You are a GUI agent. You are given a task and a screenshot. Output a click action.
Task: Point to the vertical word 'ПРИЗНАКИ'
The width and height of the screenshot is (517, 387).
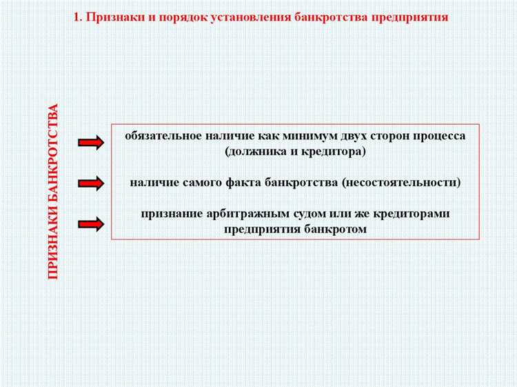54,239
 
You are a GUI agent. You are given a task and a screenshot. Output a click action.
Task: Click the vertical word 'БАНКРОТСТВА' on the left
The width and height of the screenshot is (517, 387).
54,150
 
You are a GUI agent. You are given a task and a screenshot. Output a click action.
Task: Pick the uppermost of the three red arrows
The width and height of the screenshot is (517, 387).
91,143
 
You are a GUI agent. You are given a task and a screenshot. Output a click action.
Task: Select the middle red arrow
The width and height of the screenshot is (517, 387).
91,183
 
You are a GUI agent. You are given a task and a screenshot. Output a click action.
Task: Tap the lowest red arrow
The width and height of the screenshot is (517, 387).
91,223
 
